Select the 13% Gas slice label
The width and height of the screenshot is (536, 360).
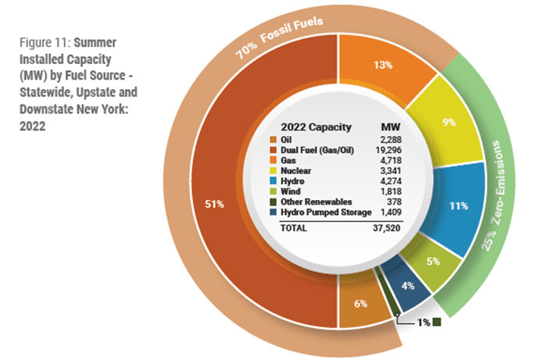click(x=383, y=66)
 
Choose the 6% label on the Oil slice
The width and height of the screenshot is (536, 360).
click(x=360, y=303)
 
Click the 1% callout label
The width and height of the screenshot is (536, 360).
click(x=422, y=322)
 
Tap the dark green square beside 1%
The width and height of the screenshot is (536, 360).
click(x=438, y=322)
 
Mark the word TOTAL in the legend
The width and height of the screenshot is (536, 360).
click(x=295, y=228)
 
